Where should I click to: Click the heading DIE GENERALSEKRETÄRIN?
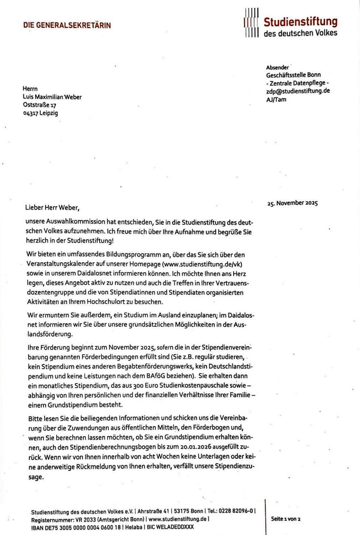coord(67,25)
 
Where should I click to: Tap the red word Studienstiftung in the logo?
coord(300,22)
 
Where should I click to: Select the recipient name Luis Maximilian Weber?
coord(52,97)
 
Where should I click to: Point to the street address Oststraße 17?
coord(40,105)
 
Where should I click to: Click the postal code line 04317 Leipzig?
coord(40,113)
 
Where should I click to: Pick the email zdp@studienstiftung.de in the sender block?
coord(298,91)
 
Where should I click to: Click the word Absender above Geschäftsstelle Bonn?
coord(277,67)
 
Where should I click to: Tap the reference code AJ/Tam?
coord(276,100)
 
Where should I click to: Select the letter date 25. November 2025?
coord(292,203)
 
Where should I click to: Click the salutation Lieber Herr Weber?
coord(52,207)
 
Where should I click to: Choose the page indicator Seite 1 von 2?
coord(286,519)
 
